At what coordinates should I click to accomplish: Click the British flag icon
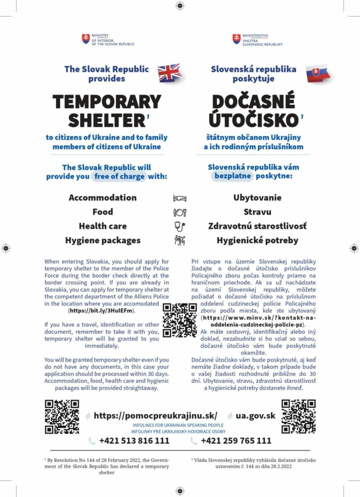(169, 73)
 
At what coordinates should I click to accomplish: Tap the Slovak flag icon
(318, 74)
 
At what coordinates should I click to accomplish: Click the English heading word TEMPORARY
(107, 101)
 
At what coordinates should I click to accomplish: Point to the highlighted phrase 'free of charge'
(119, 176)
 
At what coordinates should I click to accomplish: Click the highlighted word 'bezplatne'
(232, 176)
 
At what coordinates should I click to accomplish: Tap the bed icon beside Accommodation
(180, 198)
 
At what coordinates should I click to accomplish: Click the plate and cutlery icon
(180, 212)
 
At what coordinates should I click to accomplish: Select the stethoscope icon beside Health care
(180, 226)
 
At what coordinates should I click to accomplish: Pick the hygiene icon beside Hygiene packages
(180, 240)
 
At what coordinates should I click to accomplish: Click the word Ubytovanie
(257, 198)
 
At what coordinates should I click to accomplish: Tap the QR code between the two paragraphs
(180, 320)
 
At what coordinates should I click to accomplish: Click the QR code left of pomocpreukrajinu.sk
(62, 416)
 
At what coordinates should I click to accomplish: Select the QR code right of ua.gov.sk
(298, 416)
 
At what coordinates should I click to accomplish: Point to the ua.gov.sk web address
(255, 415)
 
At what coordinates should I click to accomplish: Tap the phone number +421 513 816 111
(134, 441)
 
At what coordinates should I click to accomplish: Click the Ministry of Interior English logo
(108, 39)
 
